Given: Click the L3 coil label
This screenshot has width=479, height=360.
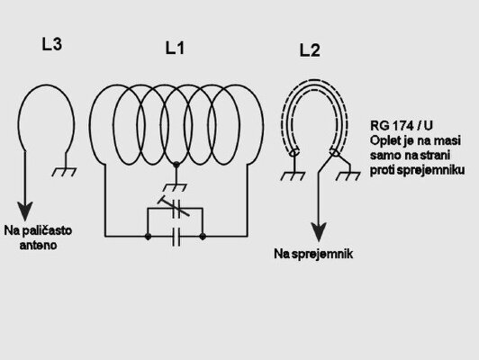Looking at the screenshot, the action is click(x=51, y=44).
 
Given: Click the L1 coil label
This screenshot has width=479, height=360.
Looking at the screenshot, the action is click(x=175, y=48).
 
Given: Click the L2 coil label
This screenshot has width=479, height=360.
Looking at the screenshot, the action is click(x=310, y=50).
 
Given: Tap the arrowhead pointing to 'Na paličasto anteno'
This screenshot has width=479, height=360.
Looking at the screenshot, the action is click(x=24, y=211).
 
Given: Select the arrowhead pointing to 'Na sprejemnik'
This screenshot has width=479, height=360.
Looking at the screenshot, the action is click(x=319, y=232).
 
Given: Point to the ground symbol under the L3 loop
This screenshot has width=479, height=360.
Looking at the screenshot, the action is click(x=64, y=172).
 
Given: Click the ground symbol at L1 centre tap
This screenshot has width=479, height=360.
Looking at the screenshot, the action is click(x=176, y=187).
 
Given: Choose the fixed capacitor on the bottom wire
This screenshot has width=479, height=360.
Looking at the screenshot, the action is click(x=176, y=237).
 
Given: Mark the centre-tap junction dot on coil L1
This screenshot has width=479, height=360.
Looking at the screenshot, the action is click(x=176, y=165).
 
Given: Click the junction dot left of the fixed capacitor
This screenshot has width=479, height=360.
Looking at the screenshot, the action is click(x=148, y=237).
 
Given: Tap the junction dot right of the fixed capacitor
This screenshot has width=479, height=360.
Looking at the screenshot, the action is click(x=203, y=237).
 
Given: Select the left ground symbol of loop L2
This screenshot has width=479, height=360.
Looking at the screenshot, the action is click(x=293, y=175).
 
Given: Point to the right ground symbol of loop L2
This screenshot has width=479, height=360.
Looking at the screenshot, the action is click(x=348, y=175).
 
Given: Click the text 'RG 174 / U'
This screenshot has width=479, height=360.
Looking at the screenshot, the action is click(x=402, y=125).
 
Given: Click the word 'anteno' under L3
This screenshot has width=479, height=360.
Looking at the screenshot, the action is click(x=38, y=245).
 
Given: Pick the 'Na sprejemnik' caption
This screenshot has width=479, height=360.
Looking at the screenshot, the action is click(x=313, y=254).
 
